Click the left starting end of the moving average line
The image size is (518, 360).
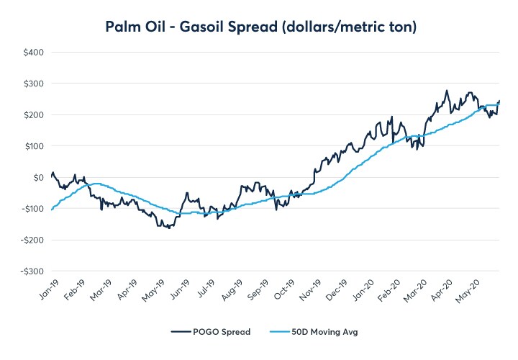[51, 210]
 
